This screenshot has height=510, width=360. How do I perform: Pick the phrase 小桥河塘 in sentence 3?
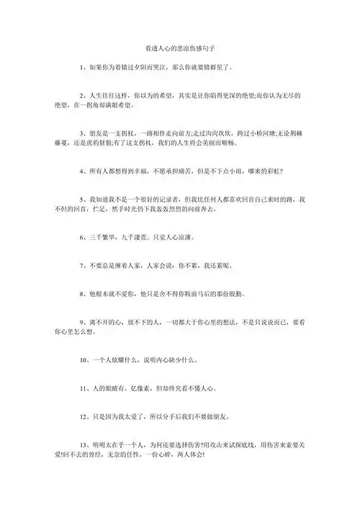tap(249, 134)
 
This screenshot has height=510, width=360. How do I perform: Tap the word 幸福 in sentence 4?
tap(152, 173)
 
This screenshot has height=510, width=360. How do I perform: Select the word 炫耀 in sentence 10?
tap(131, 358)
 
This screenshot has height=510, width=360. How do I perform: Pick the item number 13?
tap(84, 444)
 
